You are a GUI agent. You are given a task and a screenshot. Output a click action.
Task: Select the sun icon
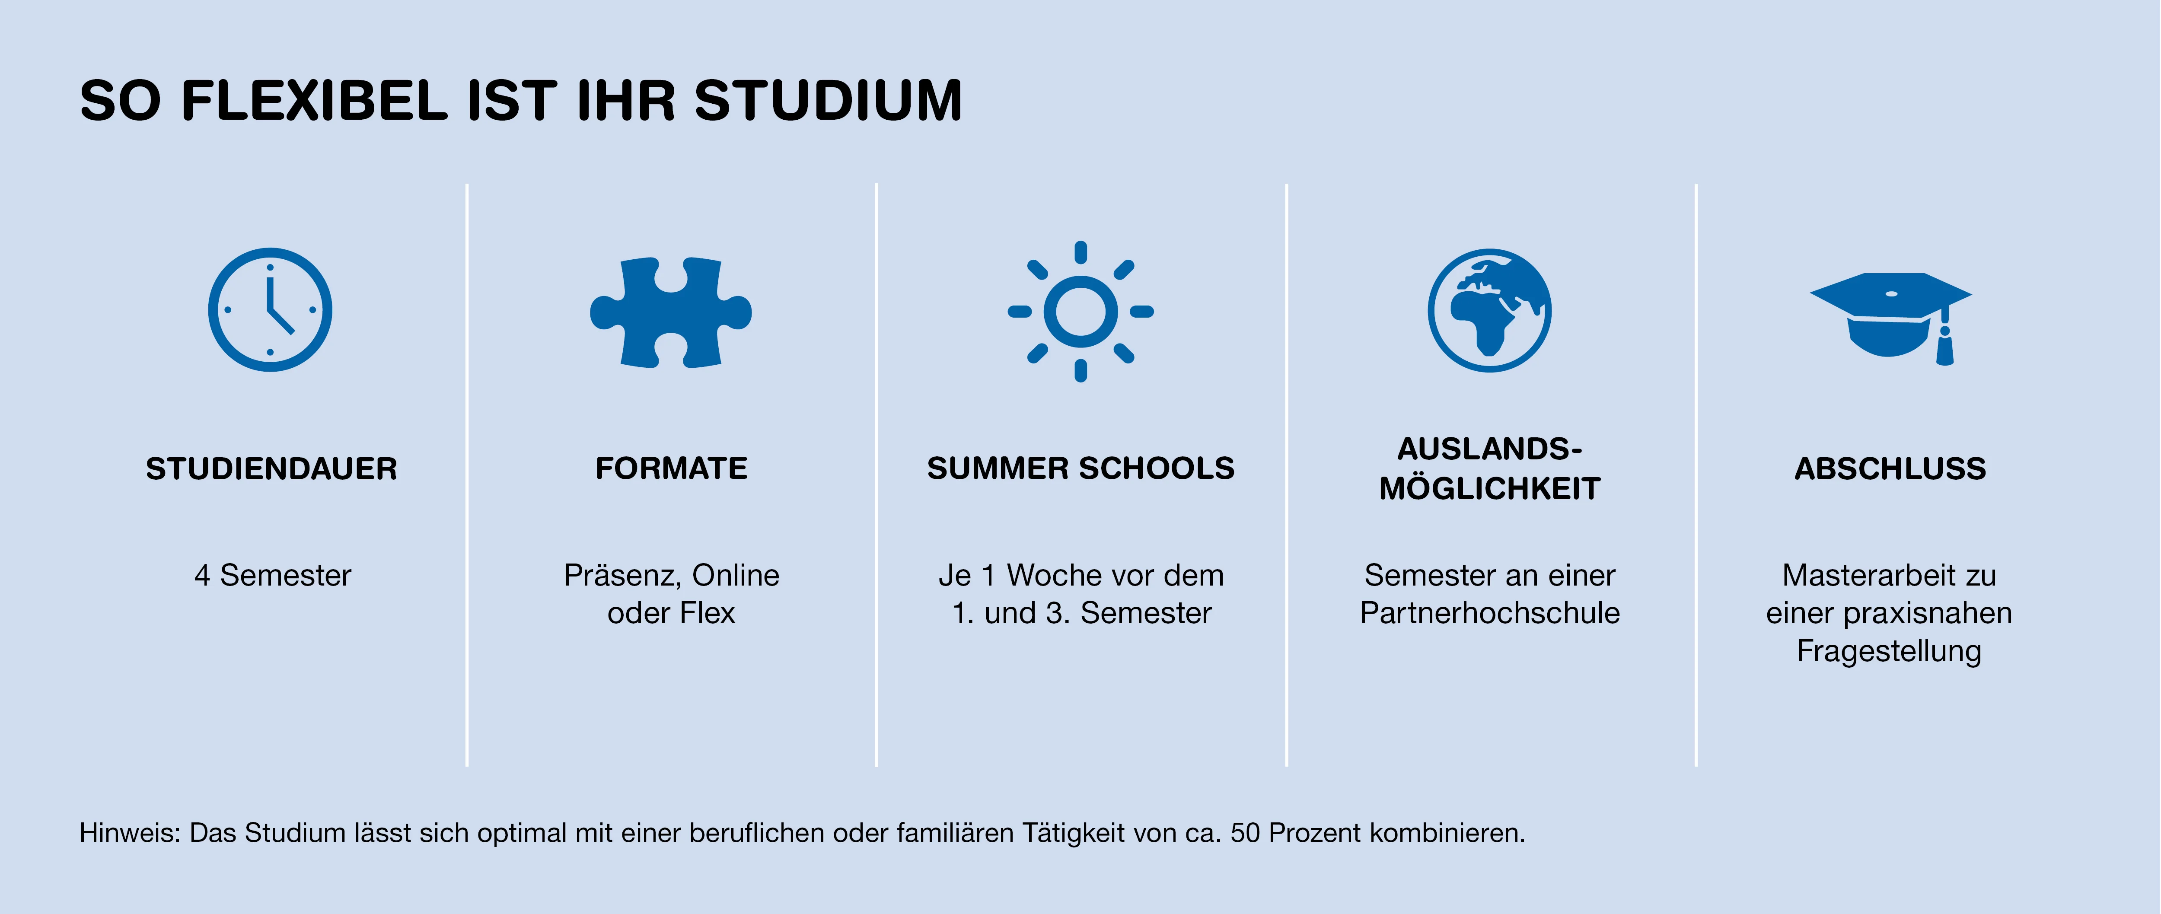pos(1080,311)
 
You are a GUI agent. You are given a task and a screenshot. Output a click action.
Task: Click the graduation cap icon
pos(1891,318)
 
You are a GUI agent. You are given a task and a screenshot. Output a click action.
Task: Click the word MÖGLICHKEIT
pos(1490,488)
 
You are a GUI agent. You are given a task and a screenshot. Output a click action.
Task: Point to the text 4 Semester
pos(273,575)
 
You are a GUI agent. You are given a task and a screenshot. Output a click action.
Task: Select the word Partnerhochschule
pos(1490,613)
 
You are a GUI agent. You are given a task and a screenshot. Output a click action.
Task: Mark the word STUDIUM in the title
pos(829,101)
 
